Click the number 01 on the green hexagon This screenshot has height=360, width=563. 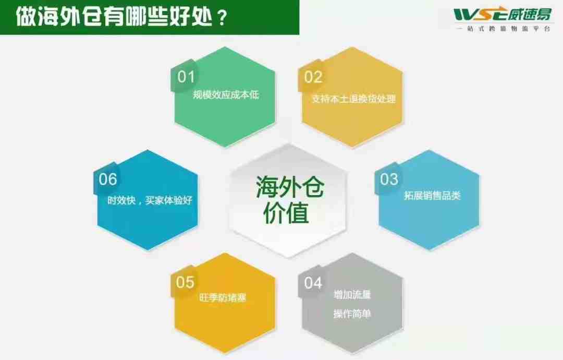click(186, 77)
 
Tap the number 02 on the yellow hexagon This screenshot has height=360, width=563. click(313, 77)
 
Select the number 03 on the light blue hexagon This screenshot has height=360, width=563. click(389, 179)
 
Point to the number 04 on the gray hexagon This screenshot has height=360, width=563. click(313, 283)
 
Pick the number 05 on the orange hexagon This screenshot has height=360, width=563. click(185, 282)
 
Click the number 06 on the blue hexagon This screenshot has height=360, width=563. click(108, 179)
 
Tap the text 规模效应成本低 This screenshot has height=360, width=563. click(226, 94)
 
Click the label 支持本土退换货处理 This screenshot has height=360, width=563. click(353, 99)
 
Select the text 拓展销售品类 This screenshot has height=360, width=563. click(432, 196)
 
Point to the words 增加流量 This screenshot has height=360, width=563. click(352, 295)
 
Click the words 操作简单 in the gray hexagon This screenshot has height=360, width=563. click(352, 314)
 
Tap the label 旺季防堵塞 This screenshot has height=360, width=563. click(223, 297)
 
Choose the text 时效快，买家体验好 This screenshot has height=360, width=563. click(150, 200)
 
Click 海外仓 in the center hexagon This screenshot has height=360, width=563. click(290, 187)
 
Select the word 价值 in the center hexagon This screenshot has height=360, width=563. click(286, 213)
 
